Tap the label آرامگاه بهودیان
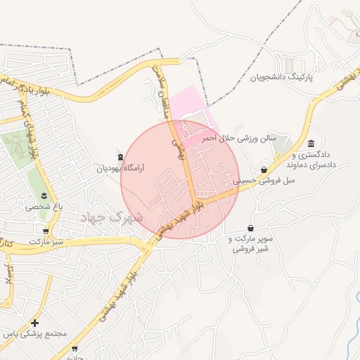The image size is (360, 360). click(120, 169)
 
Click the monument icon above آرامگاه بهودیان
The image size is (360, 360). click(120, 156)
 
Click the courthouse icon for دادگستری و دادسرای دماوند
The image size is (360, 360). click(310, 143)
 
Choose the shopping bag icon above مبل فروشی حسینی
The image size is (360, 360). click(264, 169)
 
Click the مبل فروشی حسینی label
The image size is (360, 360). click(265, 181)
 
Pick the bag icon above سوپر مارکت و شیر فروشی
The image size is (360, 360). click(251, 228)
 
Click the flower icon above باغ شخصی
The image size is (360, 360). click(44, 195)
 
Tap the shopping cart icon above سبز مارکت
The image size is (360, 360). click(46, 230)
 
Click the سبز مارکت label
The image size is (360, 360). click(46, 241)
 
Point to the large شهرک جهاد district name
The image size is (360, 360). click(112, 217)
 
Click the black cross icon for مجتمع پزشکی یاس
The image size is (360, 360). click(35, 323)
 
